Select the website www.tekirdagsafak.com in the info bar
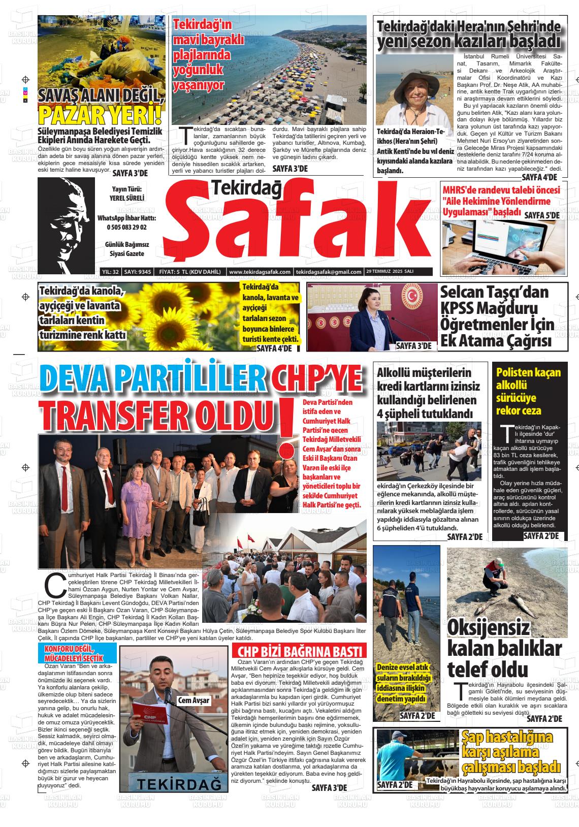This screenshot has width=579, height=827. point(260,272)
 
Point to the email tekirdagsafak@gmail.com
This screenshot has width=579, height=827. point(329,272)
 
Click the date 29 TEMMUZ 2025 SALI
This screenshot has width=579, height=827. point(390,272)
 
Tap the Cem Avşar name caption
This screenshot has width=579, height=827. point(194,701)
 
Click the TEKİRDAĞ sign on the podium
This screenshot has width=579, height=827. point(175,785)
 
